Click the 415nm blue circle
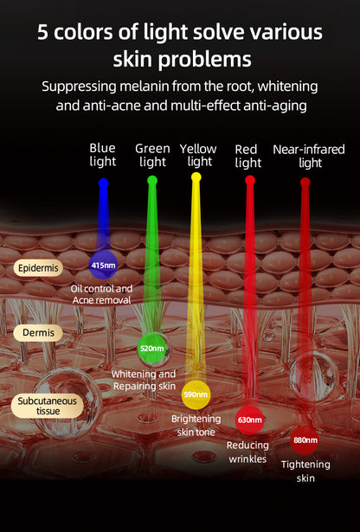[103, 265]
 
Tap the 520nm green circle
[152, 348]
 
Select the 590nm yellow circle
[196, 394]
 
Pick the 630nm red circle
[249, 420]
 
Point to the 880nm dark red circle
[305, 440]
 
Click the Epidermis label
[38, 268]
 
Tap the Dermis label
[38, 332]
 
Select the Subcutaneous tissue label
[47, 406]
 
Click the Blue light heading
[102, 155]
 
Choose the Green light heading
[152, 155]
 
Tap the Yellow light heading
[198, 155]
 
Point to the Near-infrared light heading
[309, 156]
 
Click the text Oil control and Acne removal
[101, 294]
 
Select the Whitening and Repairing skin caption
[144, 380]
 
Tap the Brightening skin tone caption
[196, 426]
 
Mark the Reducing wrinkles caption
[247, 452]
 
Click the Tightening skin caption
[305, 471]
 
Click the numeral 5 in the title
[42, 32]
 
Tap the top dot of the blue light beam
[103, 183]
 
